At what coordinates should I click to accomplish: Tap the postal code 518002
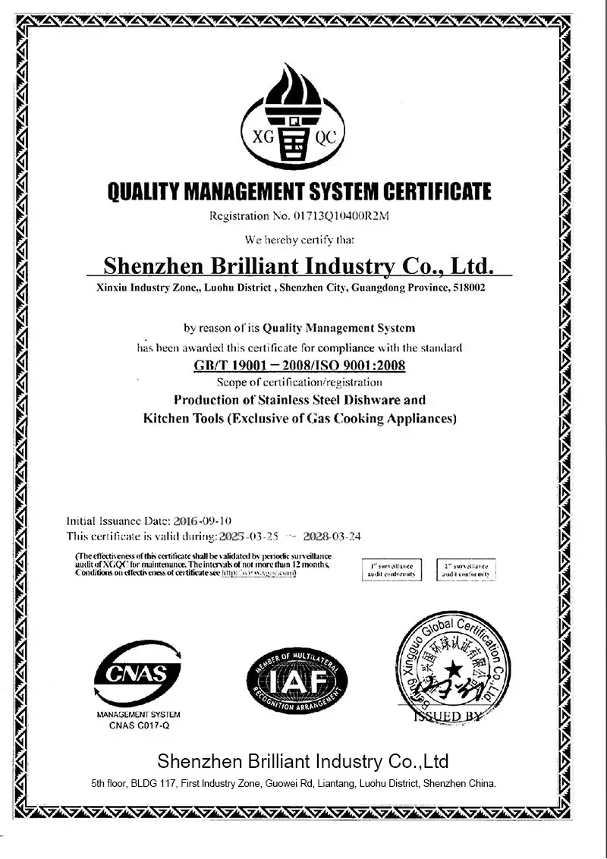(468, 288)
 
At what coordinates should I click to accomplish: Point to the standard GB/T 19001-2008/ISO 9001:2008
(299, 366)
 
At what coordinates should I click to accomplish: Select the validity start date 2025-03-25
(247, 536)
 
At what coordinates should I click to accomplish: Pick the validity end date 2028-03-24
(332, 536)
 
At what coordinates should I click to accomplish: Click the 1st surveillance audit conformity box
(392, 570)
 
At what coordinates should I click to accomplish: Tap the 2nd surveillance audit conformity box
(466, 570)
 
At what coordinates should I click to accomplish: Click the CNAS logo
(137, 673)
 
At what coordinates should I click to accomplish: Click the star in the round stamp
(453, 669)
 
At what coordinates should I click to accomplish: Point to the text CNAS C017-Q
(137, 725)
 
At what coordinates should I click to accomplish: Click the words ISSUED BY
(448, 716)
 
